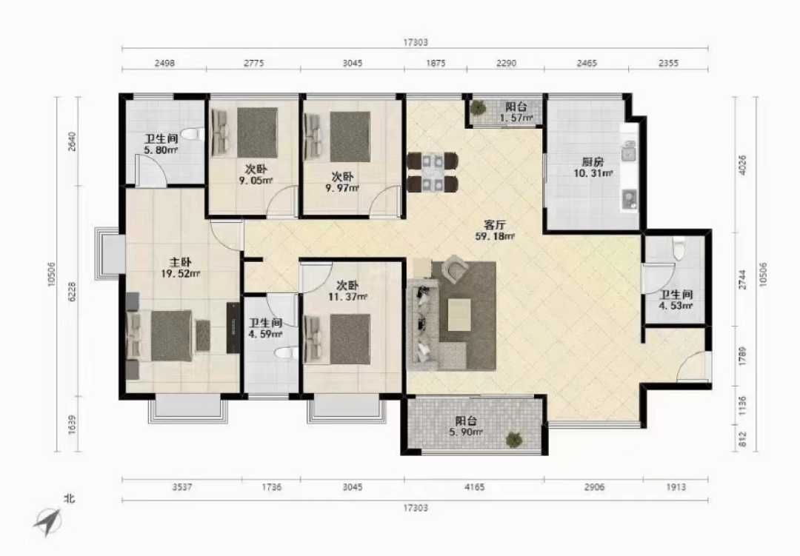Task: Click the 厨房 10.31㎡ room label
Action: [x=593, y=167]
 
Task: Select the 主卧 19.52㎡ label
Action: [x=180, y=268]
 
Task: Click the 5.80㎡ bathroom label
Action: [x=161, y=150]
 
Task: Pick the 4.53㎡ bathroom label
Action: [x=676, y=306]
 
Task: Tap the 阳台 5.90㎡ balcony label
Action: [x=467, y=426]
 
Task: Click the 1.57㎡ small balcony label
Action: [x=516, y=118]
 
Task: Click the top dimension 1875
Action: [x=436, y=63]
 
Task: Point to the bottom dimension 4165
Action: [x=474, y=487]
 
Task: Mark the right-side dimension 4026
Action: [x=742, y=165]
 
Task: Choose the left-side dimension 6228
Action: [x=72, y=291]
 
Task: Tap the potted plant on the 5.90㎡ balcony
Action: [x=513, y=439]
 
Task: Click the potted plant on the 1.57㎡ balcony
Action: [x=478, y=107]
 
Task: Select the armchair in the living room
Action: [x=455, y=269]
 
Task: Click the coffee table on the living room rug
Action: [x=459, y=315]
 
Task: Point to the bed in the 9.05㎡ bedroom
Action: [x=245, y=133]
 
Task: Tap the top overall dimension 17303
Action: [x=416, y=43]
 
